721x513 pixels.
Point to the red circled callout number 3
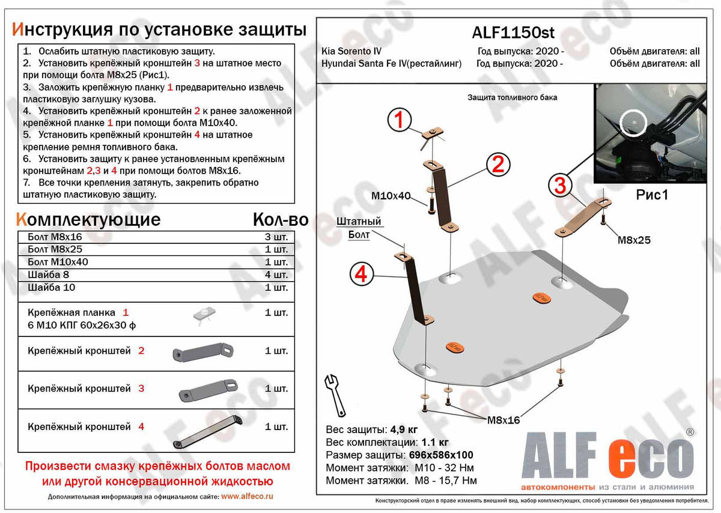tap(559, 186)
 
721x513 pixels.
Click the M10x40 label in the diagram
tap(391, 195)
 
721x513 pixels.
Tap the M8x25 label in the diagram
tap(634, 240)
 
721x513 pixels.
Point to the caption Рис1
tap(652, 195)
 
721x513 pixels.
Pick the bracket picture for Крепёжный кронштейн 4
tap(207, 431)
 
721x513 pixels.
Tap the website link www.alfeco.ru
tap(247, 496)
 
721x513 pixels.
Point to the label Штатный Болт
tap(359, 228)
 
